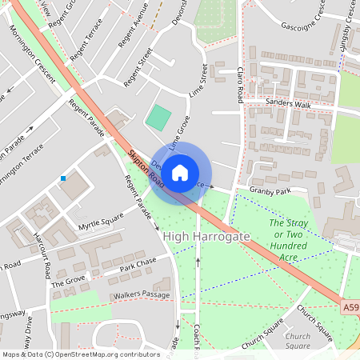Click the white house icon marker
180,172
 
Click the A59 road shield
351,306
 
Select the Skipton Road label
146,170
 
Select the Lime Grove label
178,133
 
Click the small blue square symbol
63,178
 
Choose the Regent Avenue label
130,32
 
